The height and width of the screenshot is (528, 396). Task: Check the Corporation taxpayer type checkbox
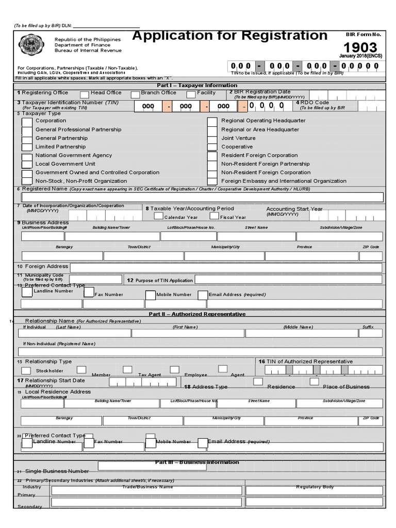click(27, 122)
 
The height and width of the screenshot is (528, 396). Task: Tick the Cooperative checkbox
click(212, 147)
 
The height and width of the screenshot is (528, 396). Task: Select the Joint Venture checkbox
click(212, 139)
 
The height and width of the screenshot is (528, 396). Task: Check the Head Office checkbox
click(84, 94)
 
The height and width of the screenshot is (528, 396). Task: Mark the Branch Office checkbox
click(135, 94)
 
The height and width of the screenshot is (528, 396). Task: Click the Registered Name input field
click(202, 197)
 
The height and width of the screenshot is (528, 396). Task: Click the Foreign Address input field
click(226, 267)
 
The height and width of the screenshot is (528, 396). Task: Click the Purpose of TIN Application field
click(288, 279)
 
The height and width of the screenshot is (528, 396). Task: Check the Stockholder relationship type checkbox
click(26, 370)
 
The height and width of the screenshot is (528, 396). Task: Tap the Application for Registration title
click(230, 36)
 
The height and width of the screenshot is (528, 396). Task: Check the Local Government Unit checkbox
click(27, 164)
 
